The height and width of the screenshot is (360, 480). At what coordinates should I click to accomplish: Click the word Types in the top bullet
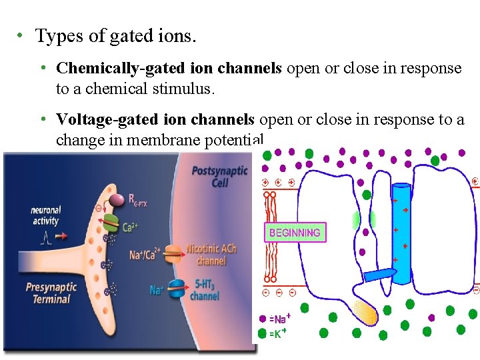point(55,36)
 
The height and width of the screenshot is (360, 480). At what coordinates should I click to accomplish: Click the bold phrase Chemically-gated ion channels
point(169,69)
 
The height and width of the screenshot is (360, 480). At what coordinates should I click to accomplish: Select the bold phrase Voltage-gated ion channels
point(155,120)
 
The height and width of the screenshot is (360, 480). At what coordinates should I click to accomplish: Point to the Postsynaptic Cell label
point(219,177)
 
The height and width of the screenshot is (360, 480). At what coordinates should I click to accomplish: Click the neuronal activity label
point(45,216)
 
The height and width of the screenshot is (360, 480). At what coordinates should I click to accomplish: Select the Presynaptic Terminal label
point(51,293)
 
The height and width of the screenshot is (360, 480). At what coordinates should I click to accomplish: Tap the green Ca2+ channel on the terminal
point(111,227)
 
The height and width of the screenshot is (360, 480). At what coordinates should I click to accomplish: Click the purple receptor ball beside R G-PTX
point(117,199)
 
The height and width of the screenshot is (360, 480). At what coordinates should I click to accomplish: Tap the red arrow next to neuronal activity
point(61,236)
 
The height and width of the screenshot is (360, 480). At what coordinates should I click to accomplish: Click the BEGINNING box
point(295,233)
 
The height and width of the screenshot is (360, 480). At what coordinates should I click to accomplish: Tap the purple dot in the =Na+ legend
point(262,319)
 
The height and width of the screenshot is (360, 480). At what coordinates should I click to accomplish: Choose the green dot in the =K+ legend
point(262,333)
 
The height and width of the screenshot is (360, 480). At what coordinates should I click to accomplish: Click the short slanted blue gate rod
point(380,274)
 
